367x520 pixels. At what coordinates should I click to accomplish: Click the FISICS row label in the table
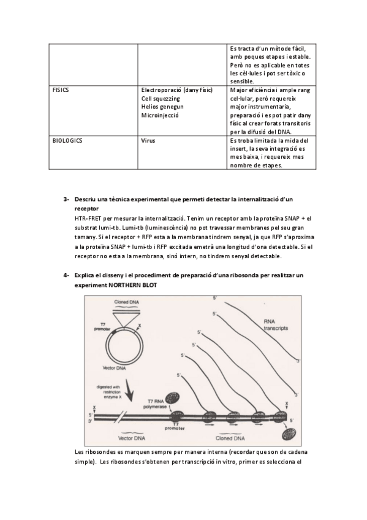[61, 90]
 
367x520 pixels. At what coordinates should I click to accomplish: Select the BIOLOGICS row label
[67, 140]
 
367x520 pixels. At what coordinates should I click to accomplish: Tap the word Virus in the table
[148, 140]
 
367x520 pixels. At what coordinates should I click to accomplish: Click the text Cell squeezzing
[161, 99]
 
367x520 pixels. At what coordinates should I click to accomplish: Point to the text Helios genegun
[162, 107]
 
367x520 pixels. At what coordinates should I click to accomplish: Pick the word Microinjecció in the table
[160, 115]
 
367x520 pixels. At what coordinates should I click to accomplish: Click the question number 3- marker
[67, 199]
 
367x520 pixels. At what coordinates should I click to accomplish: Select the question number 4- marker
[67, 275]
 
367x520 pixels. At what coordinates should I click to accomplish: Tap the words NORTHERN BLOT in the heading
[133, 285]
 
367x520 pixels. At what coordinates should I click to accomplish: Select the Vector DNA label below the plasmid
[115, 368]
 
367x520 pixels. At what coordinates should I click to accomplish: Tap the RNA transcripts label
[276, 324]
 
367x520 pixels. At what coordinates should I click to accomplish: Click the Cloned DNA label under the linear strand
[230, 438]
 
